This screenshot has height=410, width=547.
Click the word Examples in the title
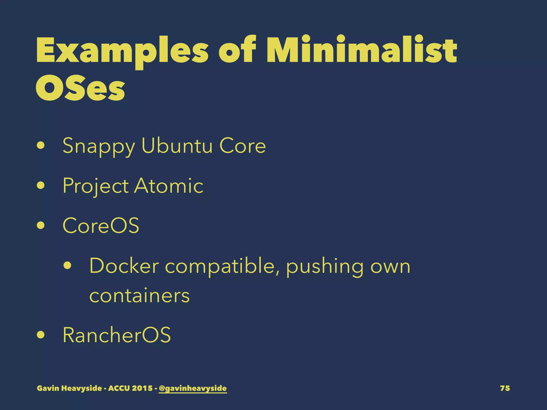pyautogui.click(x=122, y=51)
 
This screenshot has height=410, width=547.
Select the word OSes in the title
pyautogui.click(x=80, y=88)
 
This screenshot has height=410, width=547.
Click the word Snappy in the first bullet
pyautogui.click(x=99, y=146)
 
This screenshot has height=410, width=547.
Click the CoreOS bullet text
pyautogui.click(x=101, y=226)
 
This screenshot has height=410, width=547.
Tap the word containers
pyautogui.click(x=139, y=295)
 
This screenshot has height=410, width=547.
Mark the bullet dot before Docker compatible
pyautogui.click(x=68, y=266)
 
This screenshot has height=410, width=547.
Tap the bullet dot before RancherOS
pyautogui.click(x=41, y=335)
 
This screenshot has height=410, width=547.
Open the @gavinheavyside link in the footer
pyautogui.click(x=193, y=388)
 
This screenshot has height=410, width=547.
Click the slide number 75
pyautogui.click(x=505, y=388)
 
